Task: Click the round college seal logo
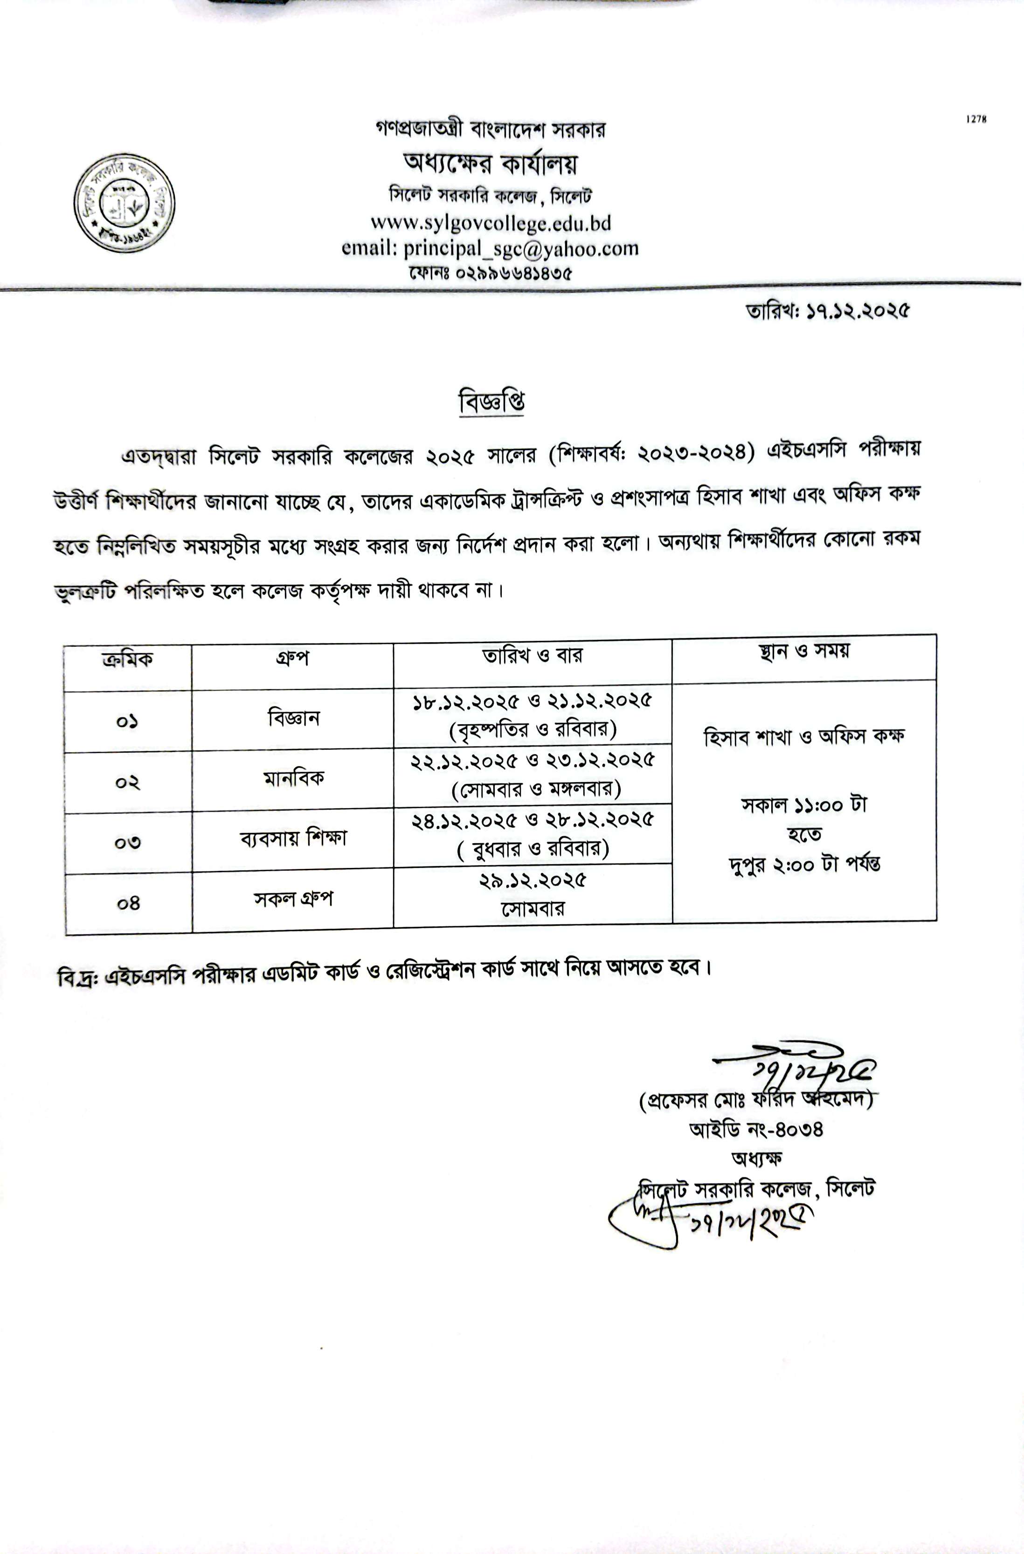click(124, 204)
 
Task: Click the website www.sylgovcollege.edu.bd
click(491, 223)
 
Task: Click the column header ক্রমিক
click(128, 659)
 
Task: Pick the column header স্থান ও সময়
click(804, 651)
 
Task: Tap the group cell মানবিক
click(293, 778)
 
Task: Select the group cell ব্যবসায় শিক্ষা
click(293, 838)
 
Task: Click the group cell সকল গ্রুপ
click(293, 899)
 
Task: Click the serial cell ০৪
click(129, 903)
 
